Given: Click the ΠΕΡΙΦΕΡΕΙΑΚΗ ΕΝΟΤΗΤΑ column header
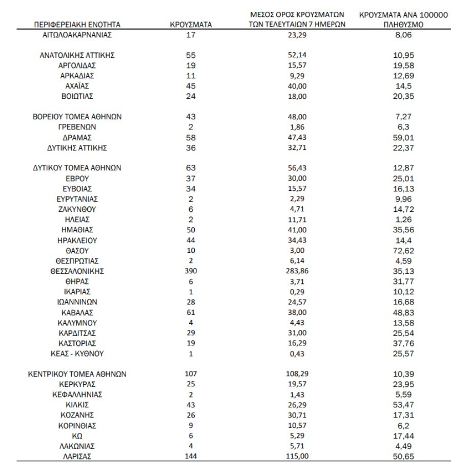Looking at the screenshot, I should pyautogui.click(x=77, y=25).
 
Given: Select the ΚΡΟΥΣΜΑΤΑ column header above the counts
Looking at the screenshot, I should pyautogui.click(x=190, y=25).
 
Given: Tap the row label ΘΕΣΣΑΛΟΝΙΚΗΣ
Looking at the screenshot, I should pyautogui.click(x=77, y=272).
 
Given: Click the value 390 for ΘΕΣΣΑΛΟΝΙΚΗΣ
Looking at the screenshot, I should pyautogui.click(x=190, y=272).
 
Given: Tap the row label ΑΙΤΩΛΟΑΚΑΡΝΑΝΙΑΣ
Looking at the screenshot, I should pyautogui.click(x=77, y=36).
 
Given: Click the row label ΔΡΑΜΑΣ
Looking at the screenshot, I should pyautogui.click(x=77, y=138).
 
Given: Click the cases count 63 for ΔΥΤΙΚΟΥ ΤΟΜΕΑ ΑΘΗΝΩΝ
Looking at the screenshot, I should pyautogui.click(x=190, y=168).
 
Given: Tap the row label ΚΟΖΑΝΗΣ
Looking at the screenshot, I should pyautogui.click(x=77, y=415).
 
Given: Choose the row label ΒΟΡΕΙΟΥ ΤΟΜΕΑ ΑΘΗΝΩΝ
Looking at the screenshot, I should pyautogui.click(x=77, y=117).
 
